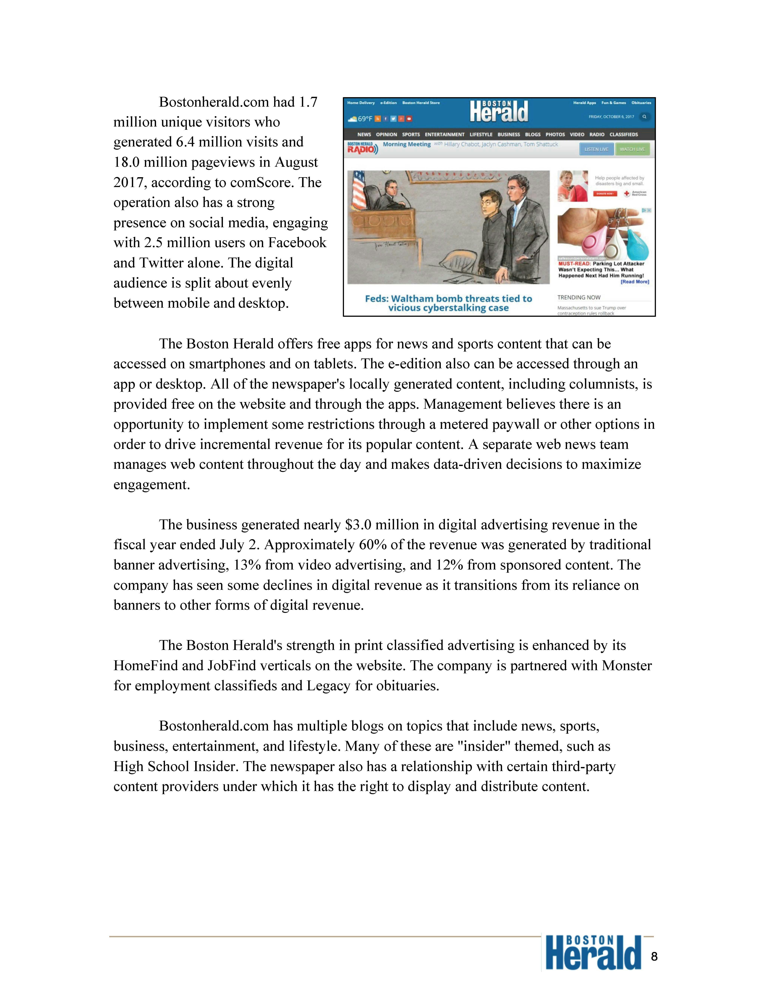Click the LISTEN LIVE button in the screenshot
(x=596, y=149)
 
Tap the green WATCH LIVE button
(x=632, y=149)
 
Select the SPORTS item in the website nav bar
(x=411, y=135)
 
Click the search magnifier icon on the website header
(x=645, y=117)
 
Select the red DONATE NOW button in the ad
(x=605, y=194)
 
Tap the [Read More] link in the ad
(x=634, y=282)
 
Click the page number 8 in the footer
(x=654, y=956)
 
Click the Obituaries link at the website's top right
(x=641, y=103)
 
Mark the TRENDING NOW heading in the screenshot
(x=579, y=297)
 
